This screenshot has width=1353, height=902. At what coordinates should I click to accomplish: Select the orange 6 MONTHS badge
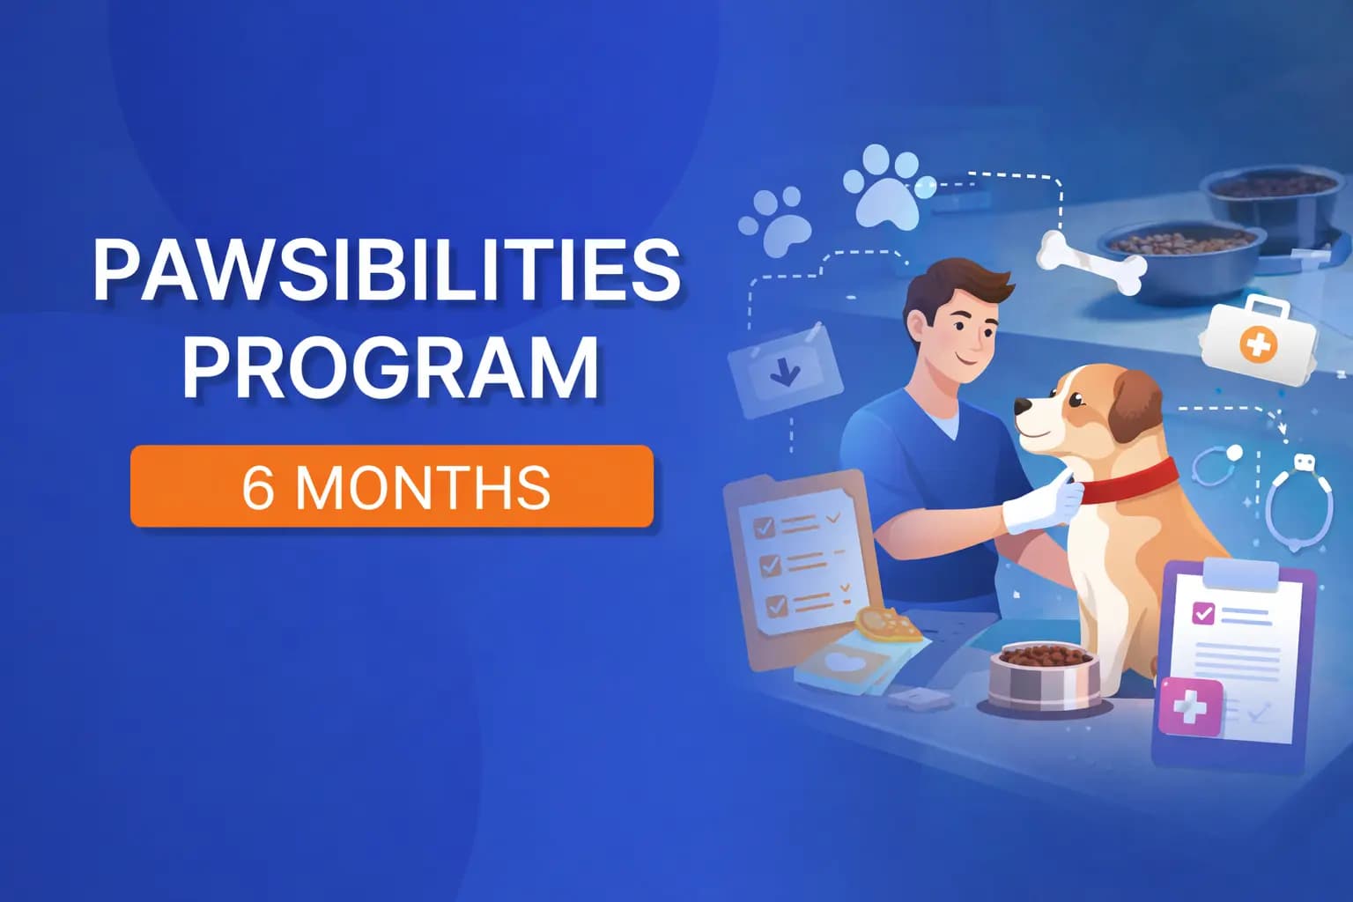coord(392,486)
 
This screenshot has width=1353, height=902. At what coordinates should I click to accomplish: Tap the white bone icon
coord(1091,262)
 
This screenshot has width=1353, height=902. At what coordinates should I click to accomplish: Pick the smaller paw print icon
coord(776,221)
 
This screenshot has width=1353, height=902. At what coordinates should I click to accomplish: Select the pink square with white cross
coord(1191,707)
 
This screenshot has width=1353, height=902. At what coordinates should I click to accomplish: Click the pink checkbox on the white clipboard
coord(1202,613)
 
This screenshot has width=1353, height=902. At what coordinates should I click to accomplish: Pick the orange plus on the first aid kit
coord(1257,345)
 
